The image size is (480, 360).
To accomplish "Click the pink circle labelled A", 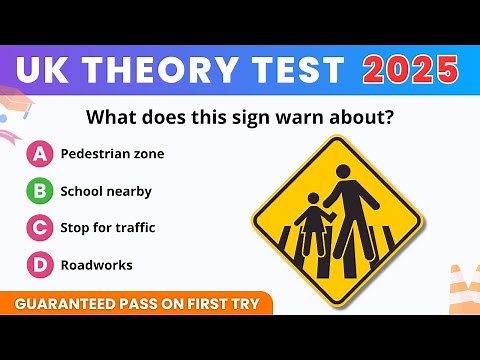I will [39, 154].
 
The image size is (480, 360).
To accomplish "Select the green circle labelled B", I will [39, 191].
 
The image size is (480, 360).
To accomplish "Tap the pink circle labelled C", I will [39, 228].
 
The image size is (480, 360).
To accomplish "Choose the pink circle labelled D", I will [39, 265].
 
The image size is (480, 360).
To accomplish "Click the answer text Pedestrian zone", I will [112, 154].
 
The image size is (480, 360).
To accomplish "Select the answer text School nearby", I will [106, 191].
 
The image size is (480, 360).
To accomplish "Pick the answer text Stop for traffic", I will [107, 228].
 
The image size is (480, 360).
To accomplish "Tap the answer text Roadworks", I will [96, 265].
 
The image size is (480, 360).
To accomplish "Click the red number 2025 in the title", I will [411, 70].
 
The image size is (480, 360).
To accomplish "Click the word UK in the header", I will [49, 70].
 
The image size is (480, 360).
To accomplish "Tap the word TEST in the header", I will [299, 70].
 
